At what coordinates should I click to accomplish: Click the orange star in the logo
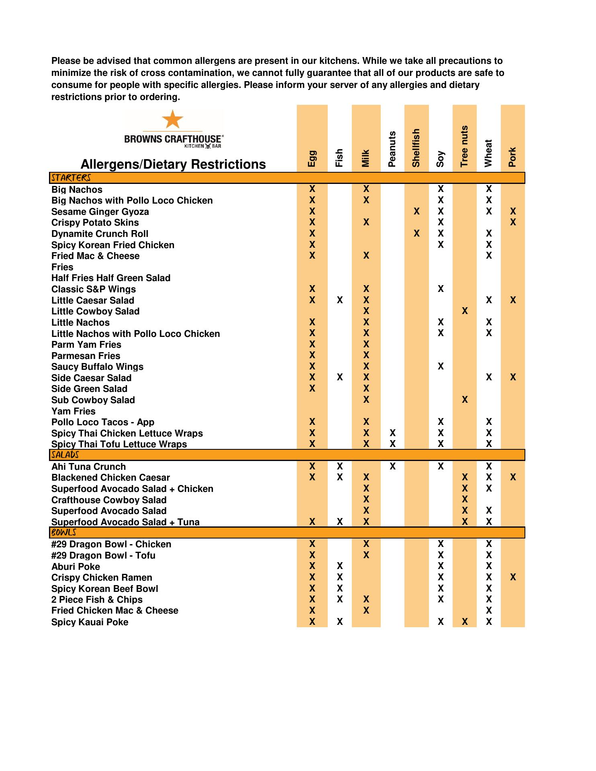172,119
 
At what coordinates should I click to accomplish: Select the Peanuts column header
392,149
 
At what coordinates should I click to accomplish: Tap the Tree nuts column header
464,146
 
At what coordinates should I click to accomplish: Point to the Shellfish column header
416,148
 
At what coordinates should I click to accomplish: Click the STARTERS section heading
71,178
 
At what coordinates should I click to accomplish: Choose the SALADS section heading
65,455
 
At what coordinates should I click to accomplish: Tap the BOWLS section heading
63,532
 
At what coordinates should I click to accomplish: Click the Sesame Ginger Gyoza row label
100,212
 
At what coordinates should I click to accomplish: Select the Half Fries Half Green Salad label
111,278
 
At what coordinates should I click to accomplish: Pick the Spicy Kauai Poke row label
90,622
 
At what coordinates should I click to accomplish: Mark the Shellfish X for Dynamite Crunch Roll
416,233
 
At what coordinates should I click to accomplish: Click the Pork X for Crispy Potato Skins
512,222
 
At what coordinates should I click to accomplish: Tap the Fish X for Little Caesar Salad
340,300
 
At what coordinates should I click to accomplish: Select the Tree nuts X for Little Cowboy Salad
465,311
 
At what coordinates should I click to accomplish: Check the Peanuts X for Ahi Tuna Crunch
392,466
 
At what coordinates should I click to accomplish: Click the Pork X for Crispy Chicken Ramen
512,577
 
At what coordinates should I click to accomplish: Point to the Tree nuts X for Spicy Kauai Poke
465,622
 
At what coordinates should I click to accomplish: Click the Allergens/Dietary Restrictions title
173,164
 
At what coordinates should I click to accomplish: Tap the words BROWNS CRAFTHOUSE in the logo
173,139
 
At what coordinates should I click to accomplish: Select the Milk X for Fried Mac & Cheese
366,255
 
